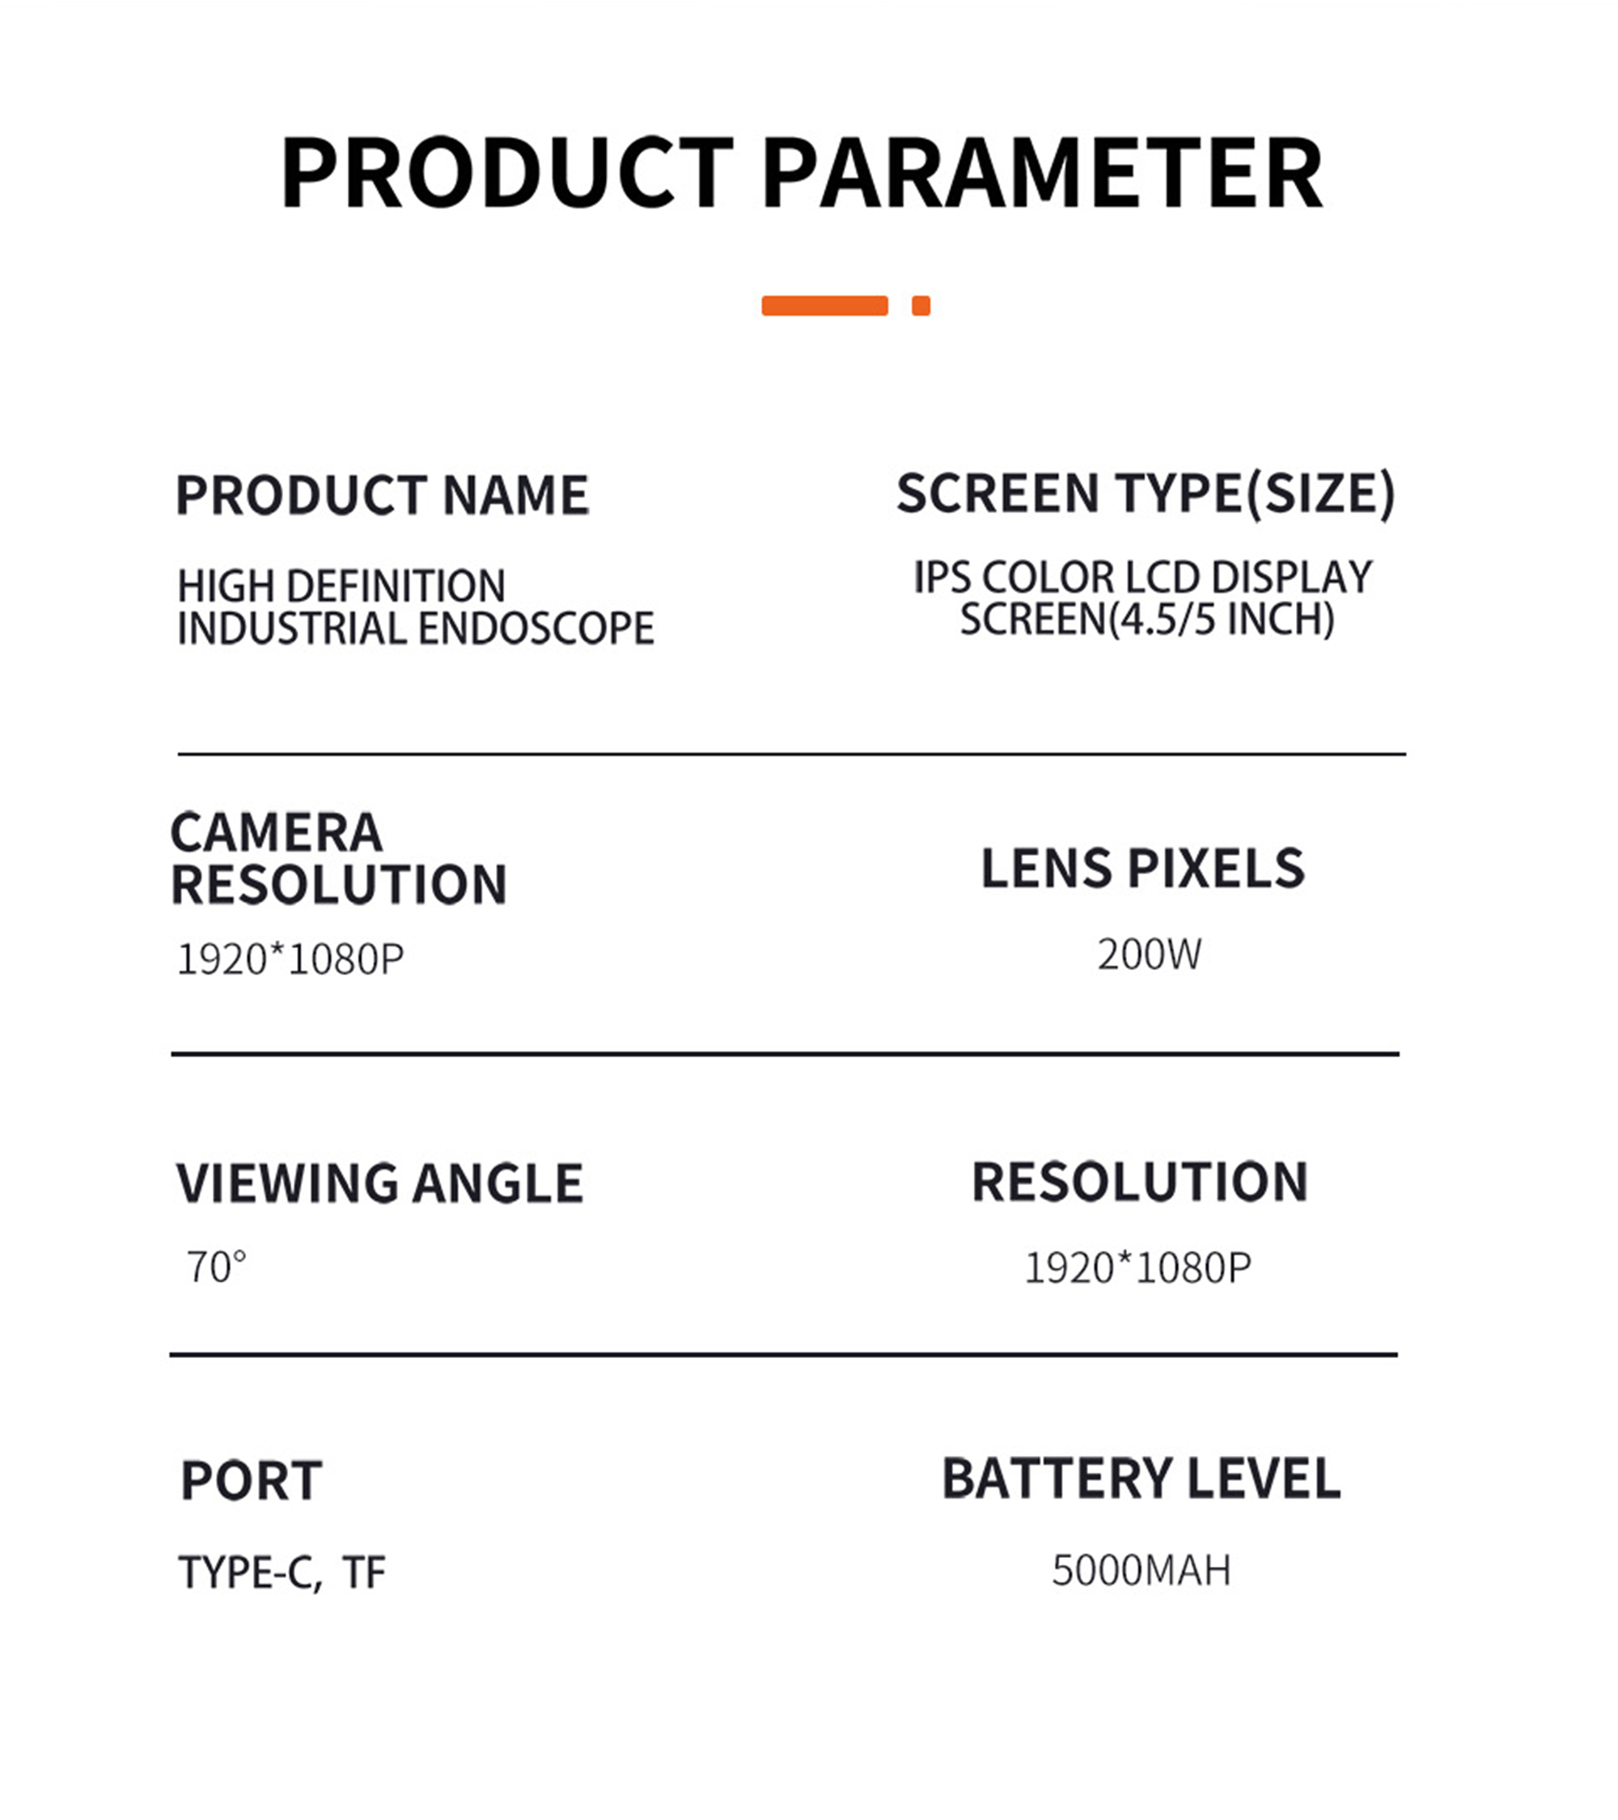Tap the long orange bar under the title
pos(824,306)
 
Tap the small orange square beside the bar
pos(921,306)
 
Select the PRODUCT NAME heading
pos(382,495)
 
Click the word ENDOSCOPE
pos(536,629)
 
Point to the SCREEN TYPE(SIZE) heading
pos(1146,493)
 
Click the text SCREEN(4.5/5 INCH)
pos(1147,620)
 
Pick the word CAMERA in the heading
pos(276,833)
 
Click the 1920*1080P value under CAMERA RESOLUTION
pos(290,960)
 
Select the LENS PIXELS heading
pos(1142,868)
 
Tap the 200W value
pos(1149,954)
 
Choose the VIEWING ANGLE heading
pos(379,1183)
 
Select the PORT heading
pos(251,1481)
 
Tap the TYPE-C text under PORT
pos(250,1572)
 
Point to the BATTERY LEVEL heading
pos(1141,1479)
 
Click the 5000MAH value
pos(1141,1570)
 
